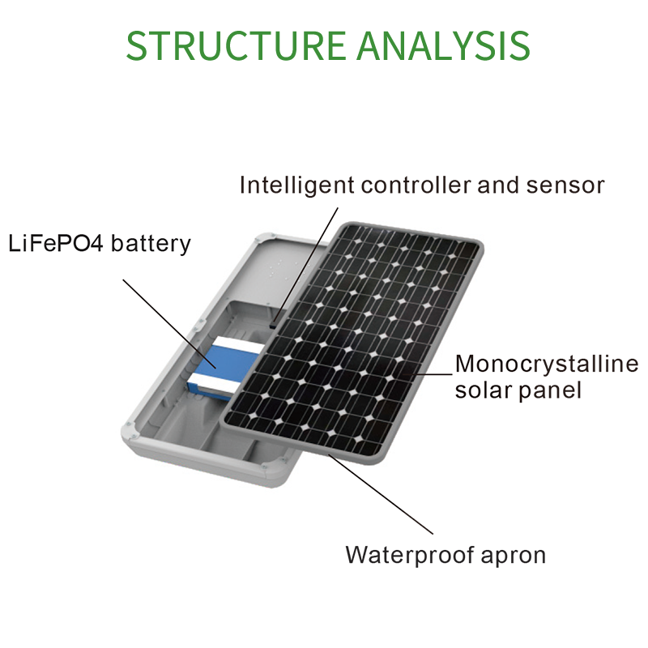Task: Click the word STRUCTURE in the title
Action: click(236, 45)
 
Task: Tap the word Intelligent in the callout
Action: click(296, 185)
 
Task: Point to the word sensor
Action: click(565, 186)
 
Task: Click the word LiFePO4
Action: click(55, 243)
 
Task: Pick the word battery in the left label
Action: click(151, 244)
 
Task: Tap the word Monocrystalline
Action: click(547, 364)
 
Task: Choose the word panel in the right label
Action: click(550, 390)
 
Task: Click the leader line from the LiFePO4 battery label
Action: click(169, 323)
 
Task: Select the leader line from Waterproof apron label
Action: click(381, 494)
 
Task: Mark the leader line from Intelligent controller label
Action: click(305, 266)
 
